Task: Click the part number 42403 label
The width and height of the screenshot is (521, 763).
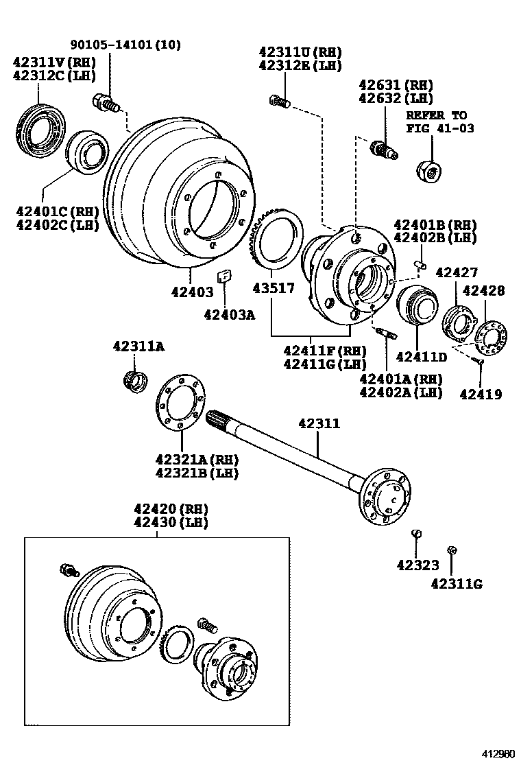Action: click(193, 290)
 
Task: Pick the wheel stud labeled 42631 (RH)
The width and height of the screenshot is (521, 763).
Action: click(383, 148)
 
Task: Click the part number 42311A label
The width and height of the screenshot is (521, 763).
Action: click(139, 347)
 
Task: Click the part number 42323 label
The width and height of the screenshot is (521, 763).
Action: click(417, 565)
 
